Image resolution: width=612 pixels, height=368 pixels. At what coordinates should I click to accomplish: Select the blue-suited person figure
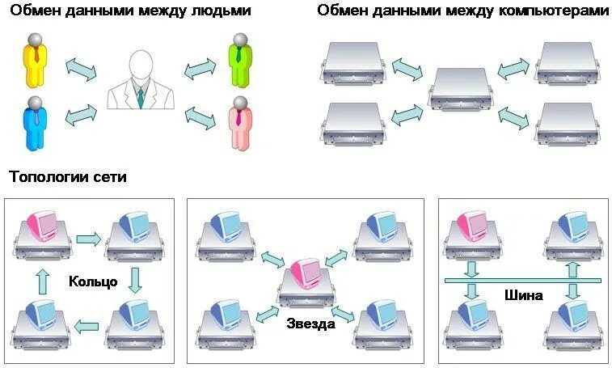pyautogui.click(x=34, y=123)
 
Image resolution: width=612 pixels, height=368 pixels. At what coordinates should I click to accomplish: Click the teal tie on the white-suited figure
pyautogui.click(x=141, y=97)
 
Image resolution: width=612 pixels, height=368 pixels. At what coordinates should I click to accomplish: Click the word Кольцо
pyautogui.click(x=94, y=282)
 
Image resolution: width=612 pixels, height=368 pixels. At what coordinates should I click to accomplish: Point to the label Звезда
pyautogui.click(x=310, y=324)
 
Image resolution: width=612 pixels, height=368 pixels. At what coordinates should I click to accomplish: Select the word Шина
pyautogui.click(x=523, y=295)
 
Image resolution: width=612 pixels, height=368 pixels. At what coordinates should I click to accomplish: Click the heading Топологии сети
pyautogui.click(x=68, y=177)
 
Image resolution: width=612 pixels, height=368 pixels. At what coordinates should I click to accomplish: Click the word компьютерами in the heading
pyautogui.click(x=555, y=11)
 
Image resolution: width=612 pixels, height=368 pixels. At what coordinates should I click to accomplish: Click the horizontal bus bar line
pyautogui.click(x=523, y=281)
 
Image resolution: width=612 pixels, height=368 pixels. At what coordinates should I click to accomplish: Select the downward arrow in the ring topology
pyautogui.click(x=135, y=279)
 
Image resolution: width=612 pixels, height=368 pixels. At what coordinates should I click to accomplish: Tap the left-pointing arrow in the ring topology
pyautogui.click(x=87, y=327)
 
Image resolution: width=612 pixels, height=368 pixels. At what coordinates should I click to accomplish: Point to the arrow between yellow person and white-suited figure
pyautogui.click(x=81, y=69)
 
